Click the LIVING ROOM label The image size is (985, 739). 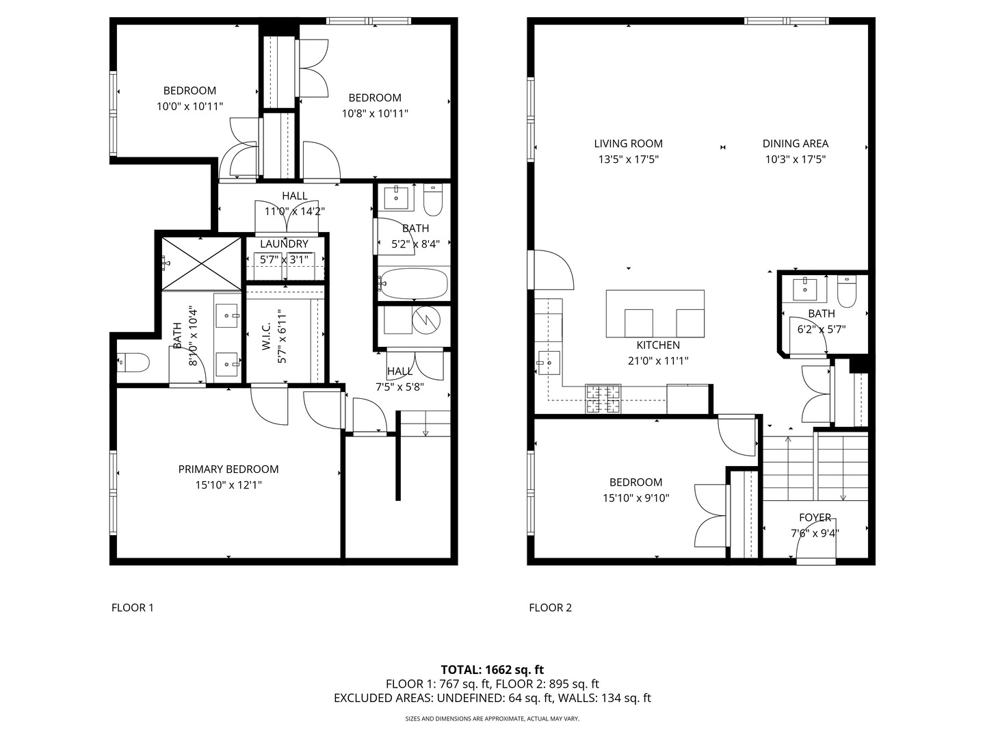[x=628, y=144]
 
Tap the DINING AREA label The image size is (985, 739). [x=795, y=144]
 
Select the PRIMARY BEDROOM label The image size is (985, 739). [x=228, y=469]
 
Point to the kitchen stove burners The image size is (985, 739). [x=603, y=398]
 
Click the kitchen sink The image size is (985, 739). [x=549, y=363]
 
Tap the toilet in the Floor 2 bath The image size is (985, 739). [x=846, y=291]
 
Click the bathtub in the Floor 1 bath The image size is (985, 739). [x=413, y=284]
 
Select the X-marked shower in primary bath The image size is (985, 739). [x=201, y=264]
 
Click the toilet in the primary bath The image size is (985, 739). [x=133, y=362]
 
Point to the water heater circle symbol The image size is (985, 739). [x=426, y=320]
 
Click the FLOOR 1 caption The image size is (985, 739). [x=133, y=608]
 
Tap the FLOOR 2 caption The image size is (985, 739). [x=550, y=608]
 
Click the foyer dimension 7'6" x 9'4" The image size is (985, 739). [x=815, y=533]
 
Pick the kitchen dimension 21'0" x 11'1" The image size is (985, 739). [x=658, y=361]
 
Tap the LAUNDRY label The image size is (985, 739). [x=284, y=244]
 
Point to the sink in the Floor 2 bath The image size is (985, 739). [x=805, y=289]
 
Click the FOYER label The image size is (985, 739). [x=815, y=517]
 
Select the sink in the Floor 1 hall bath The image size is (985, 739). [x=396, y=198]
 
